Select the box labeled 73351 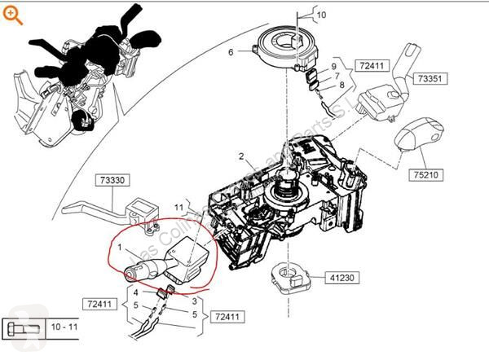tap(430, 78)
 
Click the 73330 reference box tap(116, 180)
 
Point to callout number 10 tap(320, 15)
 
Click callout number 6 tap(231, 53)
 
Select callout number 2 tap(241, 156)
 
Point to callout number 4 tap(136, 294)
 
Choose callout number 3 tap(194, 301)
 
